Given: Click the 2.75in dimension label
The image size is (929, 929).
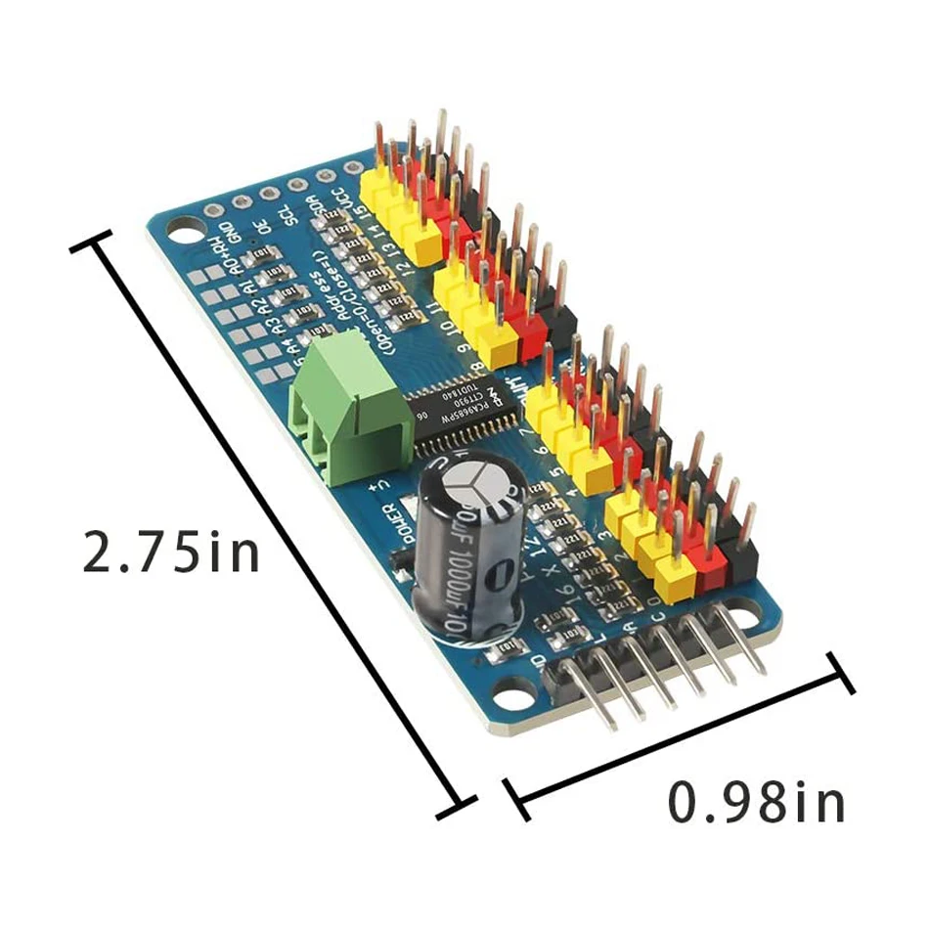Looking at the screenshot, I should (x=171, y=552).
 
